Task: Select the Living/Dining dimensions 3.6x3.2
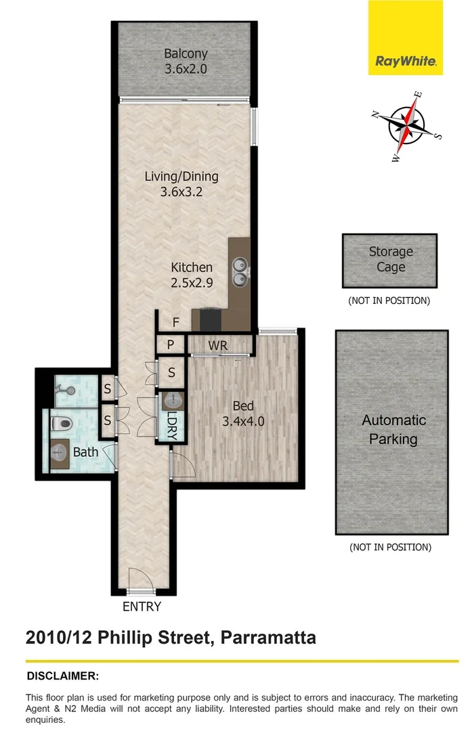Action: [x=181, y=192]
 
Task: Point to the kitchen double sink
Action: [x=240, y=270]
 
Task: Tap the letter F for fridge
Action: [x=176, y=323]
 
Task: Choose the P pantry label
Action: [x=171, y=345]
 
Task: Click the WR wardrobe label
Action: [x=217, y=346]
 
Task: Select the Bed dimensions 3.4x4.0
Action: [x=243, y=420]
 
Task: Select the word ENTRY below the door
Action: [x=142, y=606]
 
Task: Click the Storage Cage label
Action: [x=391, y=259]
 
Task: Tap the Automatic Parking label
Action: [x=393, y=429]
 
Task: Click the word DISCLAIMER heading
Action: [x=63, y=675]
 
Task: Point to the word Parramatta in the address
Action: [x=264, y=638]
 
